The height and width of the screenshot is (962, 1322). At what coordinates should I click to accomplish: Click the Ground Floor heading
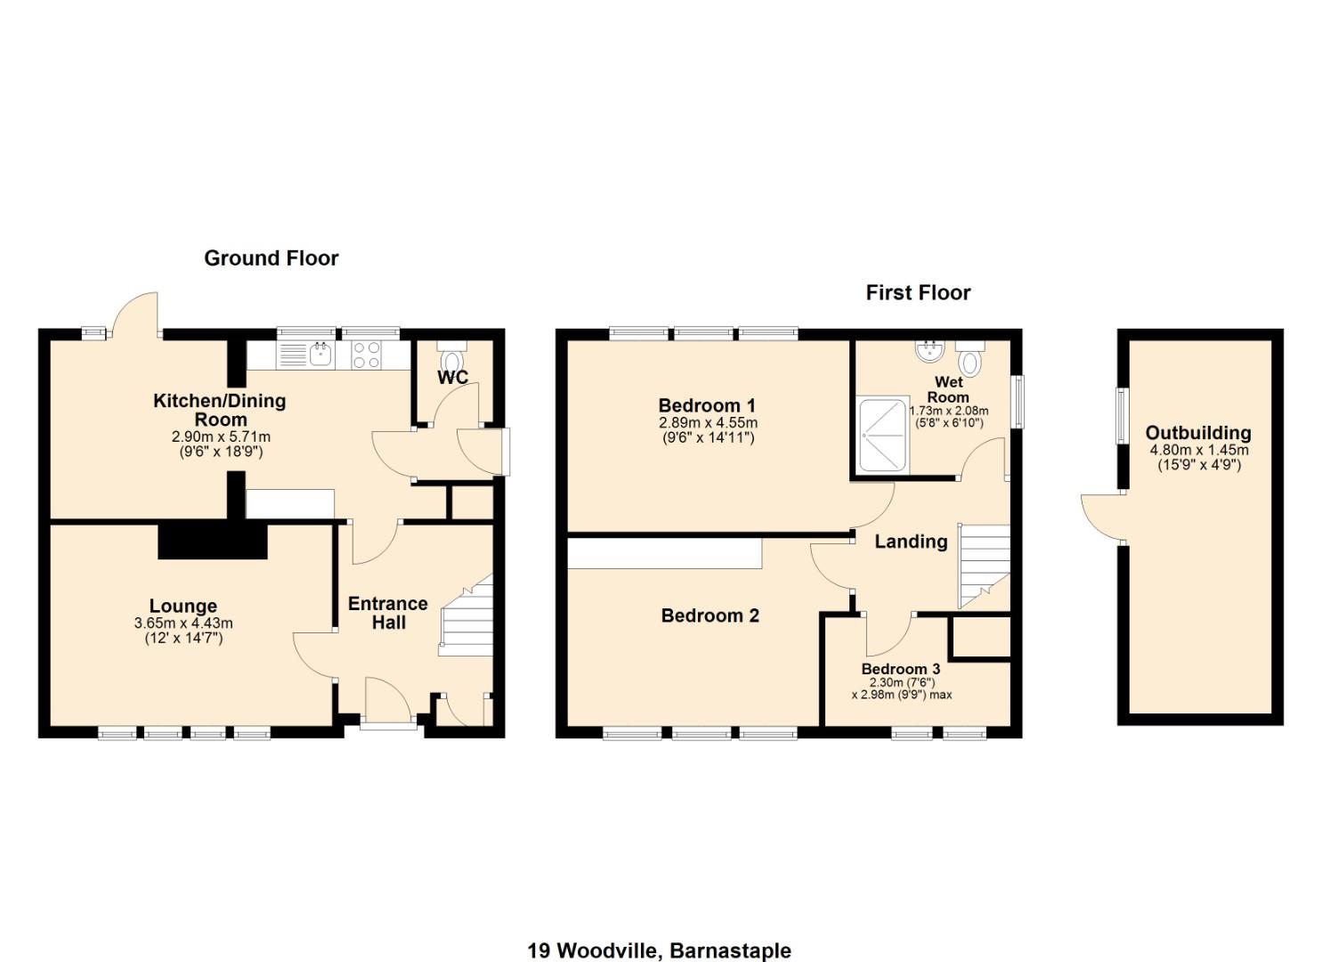coord(271,258)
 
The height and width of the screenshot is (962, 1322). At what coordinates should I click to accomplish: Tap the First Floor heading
coord(918,293)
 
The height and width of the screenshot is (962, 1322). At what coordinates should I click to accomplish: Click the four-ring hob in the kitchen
coord(367,355)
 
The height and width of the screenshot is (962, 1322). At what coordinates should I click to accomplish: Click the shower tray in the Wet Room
coord(880,436)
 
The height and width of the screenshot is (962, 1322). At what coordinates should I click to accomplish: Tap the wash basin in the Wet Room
coord(929,351)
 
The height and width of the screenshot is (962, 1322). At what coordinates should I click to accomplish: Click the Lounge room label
coord(182,607)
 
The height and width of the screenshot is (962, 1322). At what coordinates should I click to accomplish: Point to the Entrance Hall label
coord(387,613)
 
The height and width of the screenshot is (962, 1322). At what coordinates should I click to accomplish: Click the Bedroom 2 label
coord(710,616)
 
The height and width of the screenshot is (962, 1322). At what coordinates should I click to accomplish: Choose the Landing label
coord(910,542)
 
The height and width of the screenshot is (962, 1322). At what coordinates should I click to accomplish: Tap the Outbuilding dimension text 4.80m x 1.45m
coord(1198,451)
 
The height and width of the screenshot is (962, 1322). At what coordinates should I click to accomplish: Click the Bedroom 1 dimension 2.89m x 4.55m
coord(708,423)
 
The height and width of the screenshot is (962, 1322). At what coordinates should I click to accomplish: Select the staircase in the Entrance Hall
coord(466,617)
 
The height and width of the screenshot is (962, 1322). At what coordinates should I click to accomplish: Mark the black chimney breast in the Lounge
coord(213,541)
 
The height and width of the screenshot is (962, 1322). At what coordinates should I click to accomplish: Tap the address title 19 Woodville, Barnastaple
coord(659,950)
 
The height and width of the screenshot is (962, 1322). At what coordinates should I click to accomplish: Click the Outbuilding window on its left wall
coord(1123,415)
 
